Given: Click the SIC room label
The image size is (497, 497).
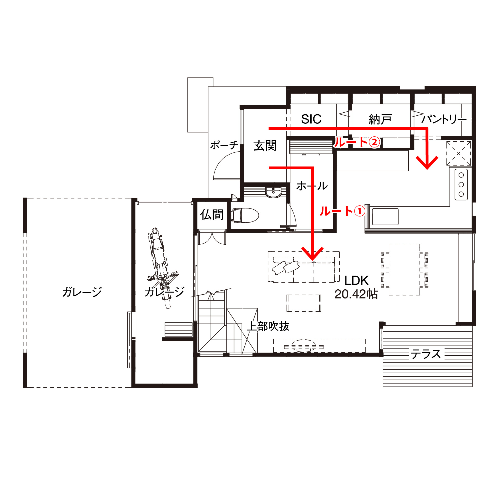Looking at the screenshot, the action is (x=311, y=119).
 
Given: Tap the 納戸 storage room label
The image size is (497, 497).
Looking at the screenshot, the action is (x=380, y=119).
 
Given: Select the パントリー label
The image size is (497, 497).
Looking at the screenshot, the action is (x=444, y=119).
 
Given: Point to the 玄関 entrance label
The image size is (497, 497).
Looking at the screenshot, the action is (x=265, y=146).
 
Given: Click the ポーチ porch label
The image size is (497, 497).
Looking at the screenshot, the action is (x=224, y=145).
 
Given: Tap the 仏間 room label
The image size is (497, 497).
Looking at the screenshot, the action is (x=212, y=215).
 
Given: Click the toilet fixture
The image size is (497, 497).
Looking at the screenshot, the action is (x=245, y=215).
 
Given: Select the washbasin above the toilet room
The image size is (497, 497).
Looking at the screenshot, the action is (x=273, y=192).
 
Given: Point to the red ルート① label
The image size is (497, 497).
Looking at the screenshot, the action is (x=342, y=212).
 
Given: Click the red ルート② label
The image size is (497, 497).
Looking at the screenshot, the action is (x=357, y=142).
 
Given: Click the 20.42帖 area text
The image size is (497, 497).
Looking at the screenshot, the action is (x=356, y=294).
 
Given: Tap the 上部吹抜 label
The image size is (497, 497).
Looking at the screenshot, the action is (x=268, y=326).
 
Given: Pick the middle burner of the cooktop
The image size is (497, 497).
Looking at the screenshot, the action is (x=461, y=184).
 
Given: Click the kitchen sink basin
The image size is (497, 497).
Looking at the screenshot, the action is (x=385, y=217).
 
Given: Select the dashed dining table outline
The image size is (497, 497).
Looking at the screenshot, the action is (x=405, y=269).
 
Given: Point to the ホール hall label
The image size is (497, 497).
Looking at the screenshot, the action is (x=312, y=186).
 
